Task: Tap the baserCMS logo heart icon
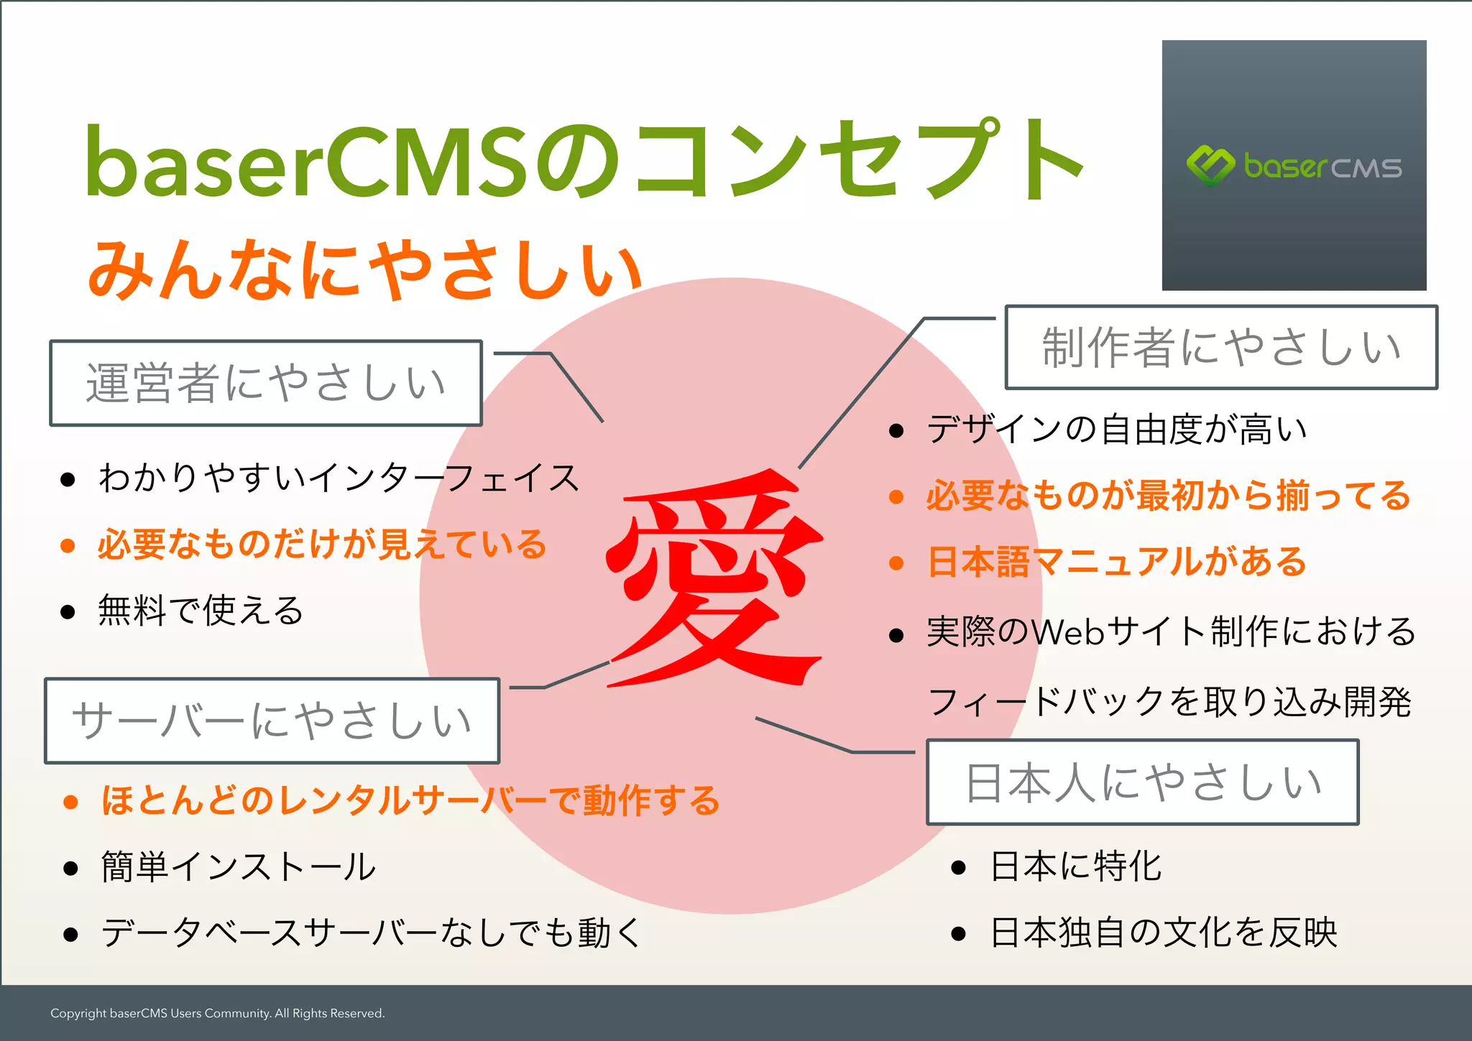1210,166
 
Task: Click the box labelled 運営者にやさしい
265,383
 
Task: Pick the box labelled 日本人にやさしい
1142,782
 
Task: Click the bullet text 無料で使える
201,611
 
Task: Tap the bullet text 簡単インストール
238,866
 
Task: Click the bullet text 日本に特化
1075,866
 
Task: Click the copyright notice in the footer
217,1013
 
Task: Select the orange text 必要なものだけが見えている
322,545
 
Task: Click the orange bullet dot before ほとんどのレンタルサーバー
70,802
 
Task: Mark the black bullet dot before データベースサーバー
70,934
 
